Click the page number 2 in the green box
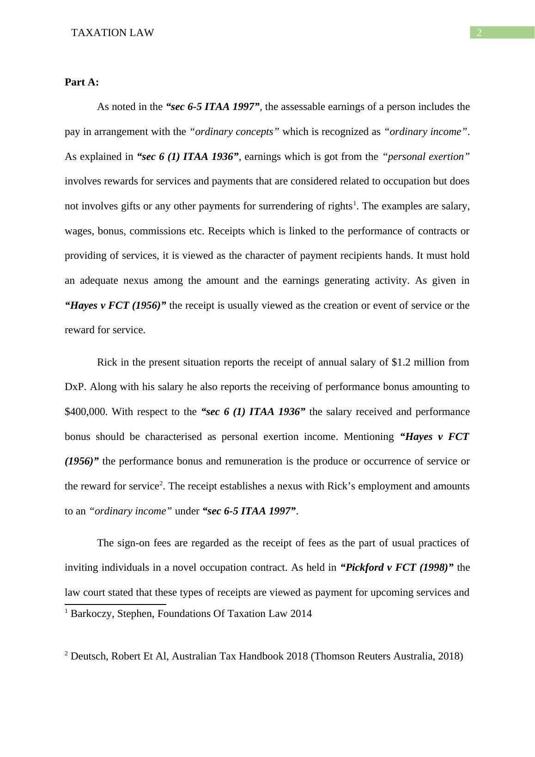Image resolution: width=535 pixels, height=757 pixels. coord(479,33)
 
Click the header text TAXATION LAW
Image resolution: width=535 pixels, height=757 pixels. coord(113,33)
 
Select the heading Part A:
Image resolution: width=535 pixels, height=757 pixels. coord(82,82)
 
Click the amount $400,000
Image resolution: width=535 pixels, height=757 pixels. coord(86,412)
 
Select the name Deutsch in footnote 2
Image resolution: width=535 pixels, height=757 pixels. coord(87,656)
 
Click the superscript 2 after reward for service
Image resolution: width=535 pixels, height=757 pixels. coord(161,484)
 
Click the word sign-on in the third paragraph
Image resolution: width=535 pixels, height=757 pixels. coord(134,543)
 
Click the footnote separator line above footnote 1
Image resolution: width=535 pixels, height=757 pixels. coord(115,604)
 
